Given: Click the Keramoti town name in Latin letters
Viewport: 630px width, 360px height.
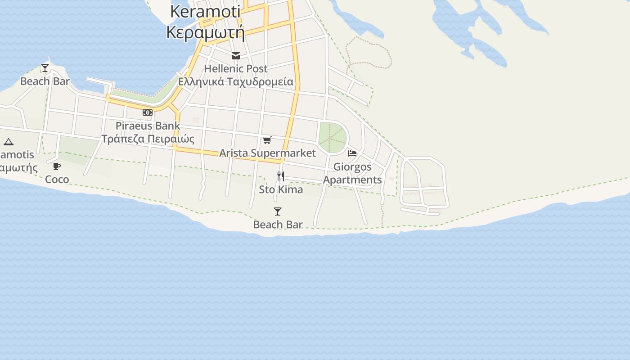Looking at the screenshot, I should click(205, 12).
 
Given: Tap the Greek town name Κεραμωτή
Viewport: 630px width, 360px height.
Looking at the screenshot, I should click(205, 32).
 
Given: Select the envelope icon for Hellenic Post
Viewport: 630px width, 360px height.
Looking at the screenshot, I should click(236, 56).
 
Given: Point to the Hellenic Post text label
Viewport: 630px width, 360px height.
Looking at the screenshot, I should click(236, 69).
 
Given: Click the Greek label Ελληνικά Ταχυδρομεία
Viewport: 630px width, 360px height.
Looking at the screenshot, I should click(236, 82).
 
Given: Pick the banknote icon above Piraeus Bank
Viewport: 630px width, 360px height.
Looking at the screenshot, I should click(148, 112).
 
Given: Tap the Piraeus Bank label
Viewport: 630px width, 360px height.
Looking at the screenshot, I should click(148, 126).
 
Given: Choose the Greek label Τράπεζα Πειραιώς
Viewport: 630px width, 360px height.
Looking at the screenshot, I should click(148, 139).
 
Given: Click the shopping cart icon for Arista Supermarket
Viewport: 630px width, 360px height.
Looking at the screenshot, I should click(267, 140).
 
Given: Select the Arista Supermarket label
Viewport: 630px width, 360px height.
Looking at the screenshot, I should click(267, 153).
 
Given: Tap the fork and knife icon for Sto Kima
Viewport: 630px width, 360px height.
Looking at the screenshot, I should click(281, 176).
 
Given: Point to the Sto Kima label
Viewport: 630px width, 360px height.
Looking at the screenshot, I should click(281, 189).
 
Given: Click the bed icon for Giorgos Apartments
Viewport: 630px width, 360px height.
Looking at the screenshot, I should click(352, 153).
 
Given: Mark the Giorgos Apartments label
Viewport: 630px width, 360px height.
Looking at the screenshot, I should click(352, 173).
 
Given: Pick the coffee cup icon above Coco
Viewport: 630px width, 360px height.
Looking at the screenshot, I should click(57, 166).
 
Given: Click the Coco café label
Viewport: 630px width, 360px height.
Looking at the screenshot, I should click(57, 180).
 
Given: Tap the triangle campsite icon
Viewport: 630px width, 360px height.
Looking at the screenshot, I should click(9, 142).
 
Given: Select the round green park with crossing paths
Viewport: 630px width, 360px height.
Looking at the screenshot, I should click(333, 137).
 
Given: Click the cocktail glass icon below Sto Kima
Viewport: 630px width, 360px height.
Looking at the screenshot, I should click(278, 211).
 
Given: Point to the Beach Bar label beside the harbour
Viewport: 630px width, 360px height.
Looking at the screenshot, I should click(45, 81).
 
